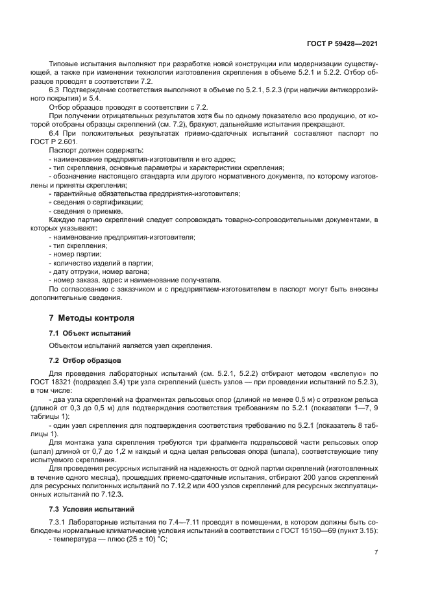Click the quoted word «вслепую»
(x=331, y=374)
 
